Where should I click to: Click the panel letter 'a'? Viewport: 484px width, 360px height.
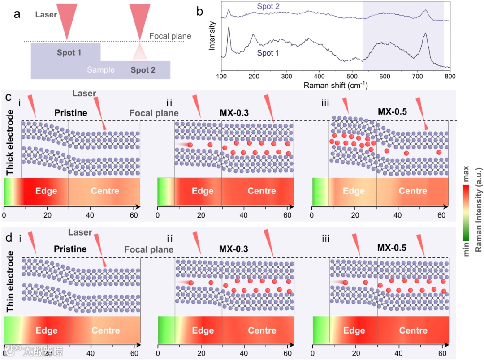tap(17, 14)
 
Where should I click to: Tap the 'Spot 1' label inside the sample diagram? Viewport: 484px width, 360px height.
tap(69, 53)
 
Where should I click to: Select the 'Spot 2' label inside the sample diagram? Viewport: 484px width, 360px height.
tap(143, 69)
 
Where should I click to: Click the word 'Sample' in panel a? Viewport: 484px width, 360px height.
tap(101, 70)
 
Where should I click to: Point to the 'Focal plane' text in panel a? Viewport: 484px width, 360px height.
tap(170, 36)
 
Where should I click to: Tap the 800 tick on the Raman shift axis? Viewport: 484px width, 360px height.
tap(449, 76)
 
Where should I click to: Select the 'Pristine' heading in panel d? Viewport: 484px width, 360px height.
tap(70, 249)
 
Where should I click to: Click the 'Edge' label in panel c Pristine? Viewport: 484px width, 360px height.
tap(46, 191)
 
